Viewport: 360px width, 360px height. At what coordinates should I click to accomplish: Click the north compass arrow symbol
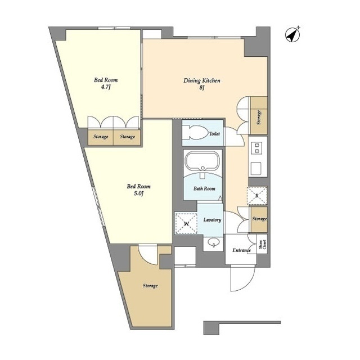tap(292, 34)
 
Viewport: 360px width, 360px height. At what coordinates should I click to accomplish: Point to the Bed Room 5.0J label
tap(138, 190)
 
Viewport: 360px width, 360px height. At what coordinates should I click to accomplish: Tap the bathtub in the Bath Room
tap(202, 163)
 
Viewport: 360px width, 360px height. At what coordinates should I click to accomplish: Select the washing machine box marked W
tap(186, 223)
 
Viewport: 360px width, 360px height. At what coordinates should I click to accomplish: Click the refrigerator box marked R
tap(256, 195)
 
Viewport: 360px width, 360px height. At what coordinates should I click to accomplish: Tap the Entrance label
tap(241, 250)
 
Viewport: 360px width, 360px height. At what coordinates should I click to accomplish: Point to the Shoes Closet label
tap(262, 244)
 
